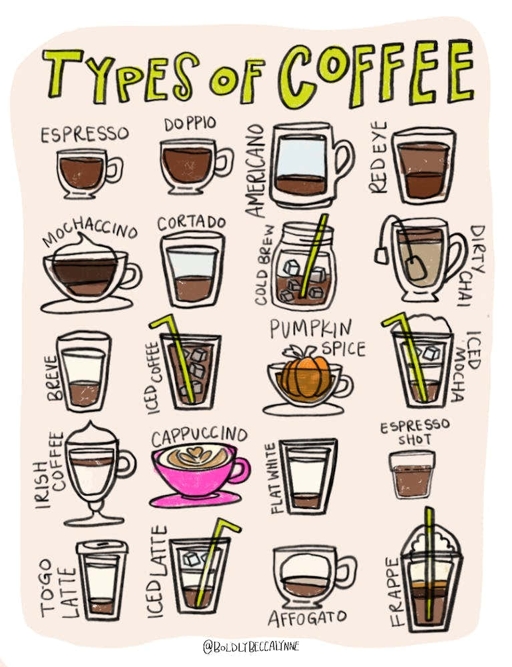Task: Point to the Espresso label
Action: [84, 134]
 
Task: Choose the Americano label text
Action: [257, 170]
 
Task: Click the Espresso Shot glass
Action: [413, 474]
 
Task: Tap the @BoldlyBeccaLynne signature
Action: [252, 646]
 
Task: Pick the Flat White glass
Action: [308, 476]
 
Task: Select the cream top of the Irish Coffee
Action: [93, 436]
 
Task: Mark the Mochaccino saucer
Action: [86, 305]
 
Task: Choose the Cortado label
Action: [192, 223]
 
